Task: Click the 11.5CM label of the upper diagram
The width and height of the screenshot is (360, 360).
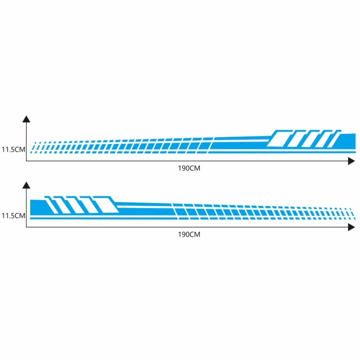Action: (x=13, y=149)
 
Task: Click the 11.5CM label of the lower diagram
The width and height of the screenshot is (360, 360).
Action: (x=13, y=216)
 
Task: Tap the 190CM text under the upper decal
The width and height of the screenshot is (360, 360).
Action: (x=189, y=168)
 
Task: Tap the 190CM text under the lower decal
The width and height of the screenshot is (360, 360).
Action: (x=189, y=234)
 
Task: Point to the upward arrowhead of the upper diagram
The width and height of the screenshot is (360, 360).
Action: (x=26, y=119)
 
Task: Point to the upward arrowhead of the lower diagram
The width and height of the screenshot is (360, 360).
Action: (x=26, y=185)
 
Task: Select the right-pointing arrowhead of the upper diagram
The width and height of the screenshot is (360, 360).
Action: (x=351, y=161)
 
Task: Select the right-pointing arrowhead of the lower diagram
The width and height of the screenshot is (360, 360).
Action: (x=351, y=227)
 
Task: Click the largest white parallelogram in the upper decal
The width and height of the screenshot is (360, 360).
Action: (x=279, y=139)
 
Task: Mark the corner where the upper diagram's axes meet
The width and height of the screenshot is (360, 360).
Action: (x=26, y=161)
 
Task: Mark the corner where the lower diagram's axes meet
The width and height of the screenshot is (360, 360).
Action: (x=26, y=227)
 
